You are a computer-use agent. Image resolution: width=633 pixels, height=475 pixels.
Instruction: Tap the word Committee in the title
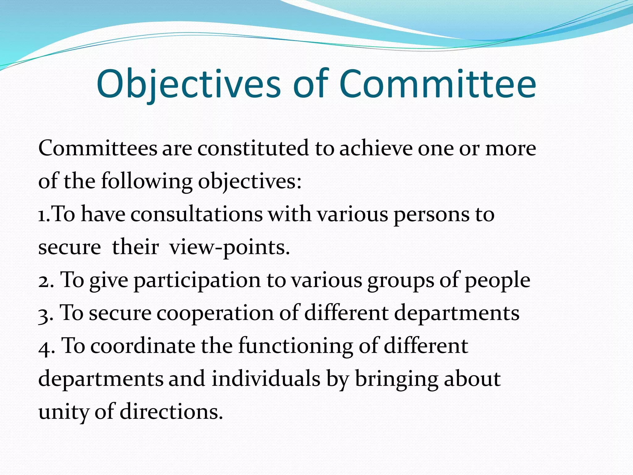tap(438, 84)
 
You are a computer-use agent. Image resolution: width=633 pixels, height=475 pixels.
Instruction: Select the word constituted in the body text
tap(253, 148)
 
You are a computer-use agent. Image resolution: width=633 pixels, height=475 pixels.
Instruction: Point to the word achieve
tap(376, 148)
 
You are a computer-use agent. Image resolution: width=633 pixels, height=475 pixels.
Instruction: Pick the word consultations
tap(197, 214)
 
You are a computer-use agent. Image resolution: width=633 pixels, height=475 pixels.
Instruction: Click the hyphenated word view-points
tap(230, 247)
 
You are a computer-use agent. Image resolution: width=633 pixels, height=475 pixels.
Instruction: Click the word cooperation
tap(215, 313)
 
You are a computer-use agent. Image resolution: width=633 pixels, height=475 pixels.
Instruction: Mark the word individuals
tap(266, 379)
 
